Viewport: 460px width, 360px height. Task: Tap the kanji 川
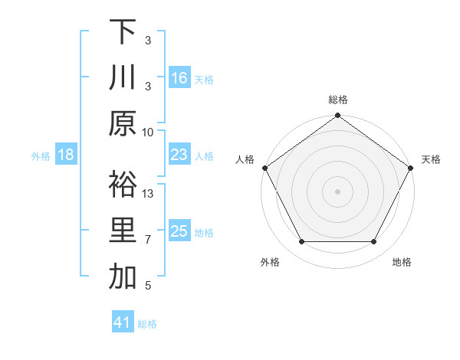[x=123, y=77]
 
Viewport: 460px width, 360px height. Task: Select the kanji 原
[x=123, y=123]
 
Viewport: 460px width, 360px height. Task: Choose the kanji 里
[x=123, y=231]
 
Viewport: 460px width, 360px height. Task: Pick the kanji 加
[x=123, y=277]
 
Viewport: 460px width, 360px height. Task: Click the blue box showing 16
[x=179, y=77]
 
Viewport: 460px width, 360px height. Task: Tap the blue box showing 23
[x=179, y=155]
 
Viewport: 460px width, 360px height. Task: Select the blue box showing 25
[x=179, y=231]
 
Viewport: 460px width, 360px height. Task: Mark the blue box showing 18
[x=66, y=155]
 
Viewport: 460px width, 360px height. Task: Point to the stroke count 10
[x=148, y=131]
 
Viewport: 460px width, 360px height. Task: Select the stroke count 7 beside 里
[x=148, y=240]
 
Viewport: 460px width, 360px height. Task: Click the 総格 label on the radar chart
[x=337, y=100]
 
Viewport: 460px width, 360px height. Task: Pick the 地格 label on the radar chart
[x=402, y=262]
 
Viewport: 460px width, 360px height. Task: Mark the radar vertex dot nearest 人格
[x=265, y=168]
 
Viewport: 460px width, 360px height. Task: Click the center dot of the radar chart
[x=337, y=191]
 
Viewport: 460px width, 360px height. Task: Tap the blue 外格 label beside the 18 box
[x=41, y=155]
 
